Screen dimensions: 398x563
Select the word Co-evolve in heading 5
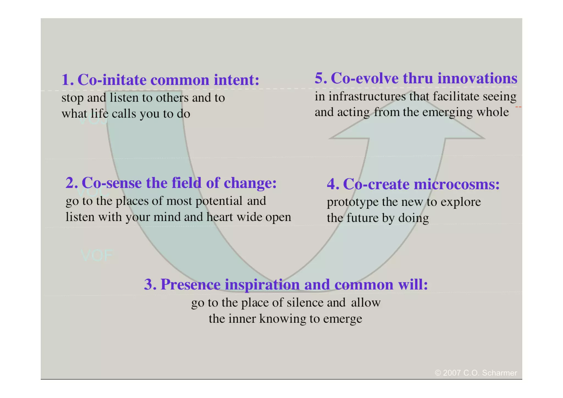click(x=365, y=78)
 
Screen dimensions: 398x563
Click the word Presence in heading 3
click(x=190, y=284)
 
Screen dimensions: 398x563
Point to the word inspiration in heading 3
click(x=262, y=284)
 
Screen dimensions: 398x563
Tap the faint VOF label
click(x=97, y=256)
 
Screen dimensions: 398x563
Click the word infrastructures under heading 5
click(x=367, y=97)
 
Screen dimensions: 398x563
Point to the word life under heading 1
click(x=100, y=114)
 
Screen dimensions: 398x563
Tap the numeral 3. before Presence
click(x=150, y=284)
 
